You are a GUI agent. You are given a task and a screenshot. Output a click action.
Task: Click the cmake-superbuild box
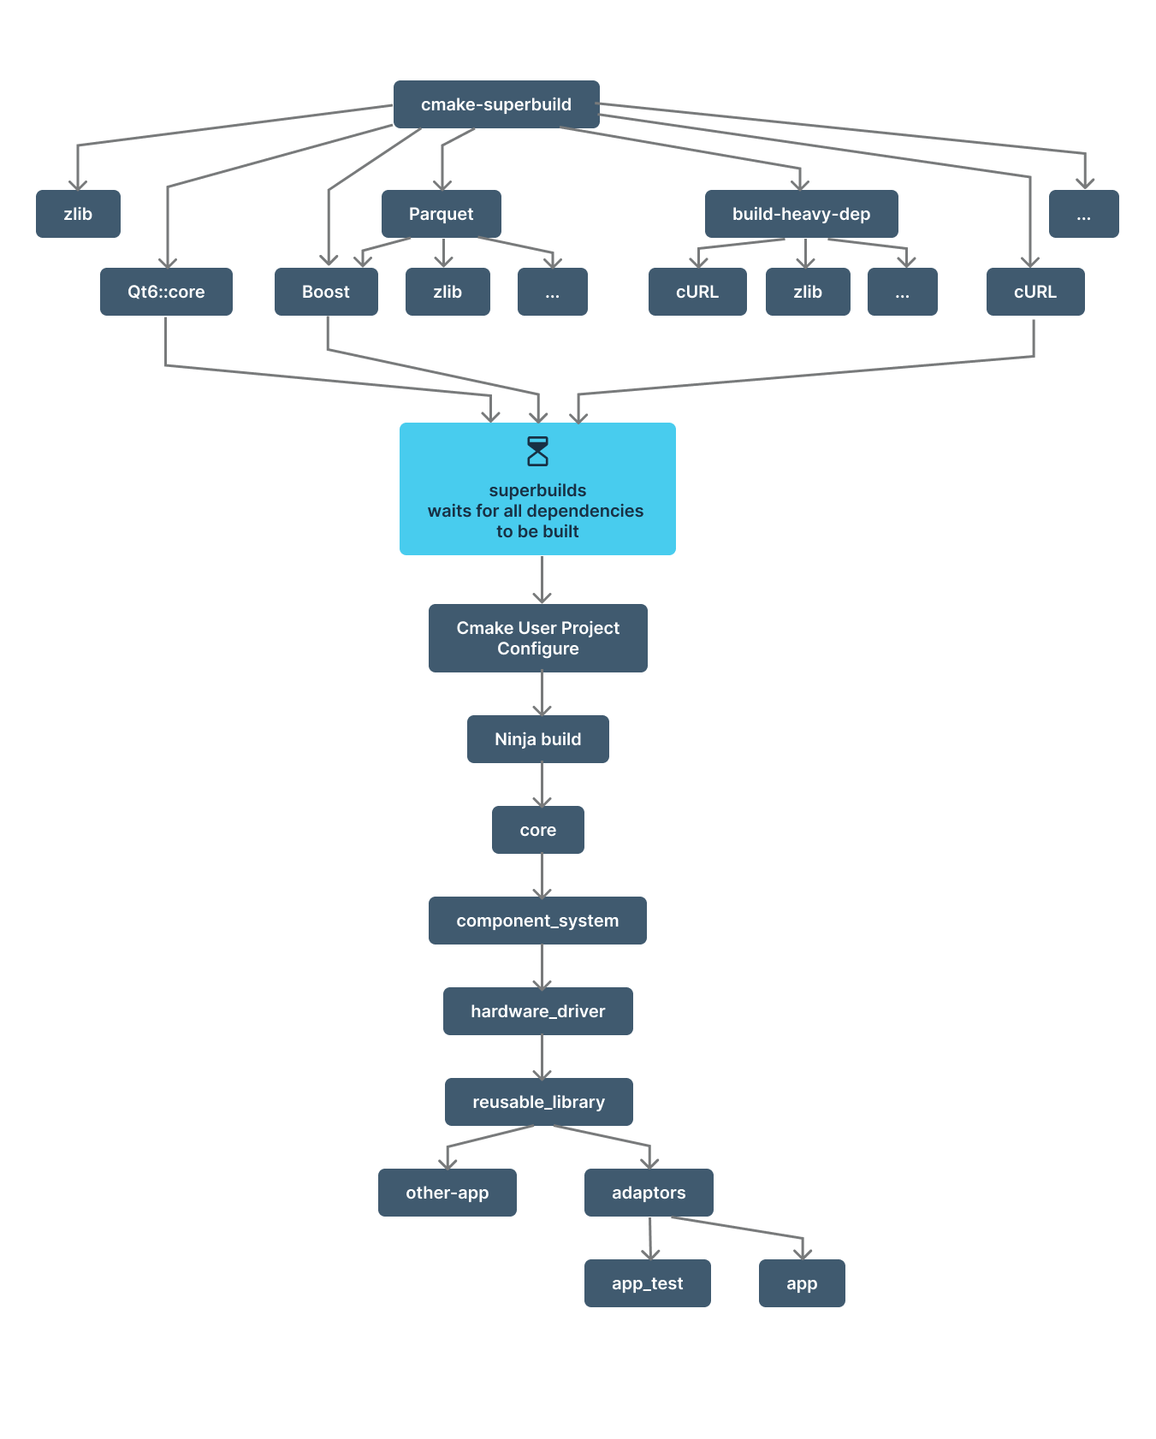click(496, 104)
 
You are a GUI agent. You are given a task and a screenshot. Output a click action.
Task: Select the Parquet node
click(441, 214)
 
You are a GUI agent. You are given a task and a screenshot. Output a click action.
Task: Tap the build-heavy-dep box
click(801, 214)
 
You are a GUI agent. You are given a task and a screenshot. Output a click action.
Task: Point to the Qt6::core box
click(166, 292)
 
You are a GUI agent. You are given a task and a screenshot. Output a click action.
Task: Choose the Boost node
click(326, 292)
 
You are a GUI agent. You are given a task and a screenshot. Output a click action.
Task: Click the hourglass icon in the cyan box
click(537, 452)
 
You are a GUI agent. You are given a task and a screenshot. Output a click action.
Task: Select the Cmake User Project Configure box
click(537, 638)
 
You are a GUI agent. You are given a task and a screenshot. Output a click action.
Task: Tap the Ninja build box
click(537, 739)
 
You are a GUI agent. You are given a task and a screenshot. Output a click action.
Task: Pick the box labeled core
click(537, 830)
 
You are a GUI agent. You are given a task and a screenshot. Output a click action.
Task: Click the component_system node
click(537, 921)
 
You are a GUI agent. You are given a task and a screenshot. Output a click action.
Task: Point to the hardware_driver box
click(537, 1011)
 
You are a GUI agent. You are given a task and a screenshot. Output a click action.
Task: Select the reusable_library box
click(538, 1102)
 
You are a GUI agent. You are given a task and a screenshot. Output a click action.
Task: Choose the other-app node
click(447, 1193)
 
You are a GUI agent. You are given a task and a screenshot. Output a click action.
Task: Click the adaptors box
click(649, 1193)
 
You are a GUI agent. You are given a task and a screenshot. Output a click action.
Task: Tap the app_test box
click(647, 1283)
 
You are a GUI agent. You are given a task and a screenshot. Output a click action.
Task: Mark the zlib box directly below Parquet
click(448, 292)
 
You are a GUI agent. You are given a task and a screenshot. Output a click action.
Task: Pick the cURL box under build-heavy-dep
click(697, 292)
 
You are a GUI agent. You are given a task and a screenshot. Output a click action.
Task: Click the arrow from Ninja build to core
click(542, 785)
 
